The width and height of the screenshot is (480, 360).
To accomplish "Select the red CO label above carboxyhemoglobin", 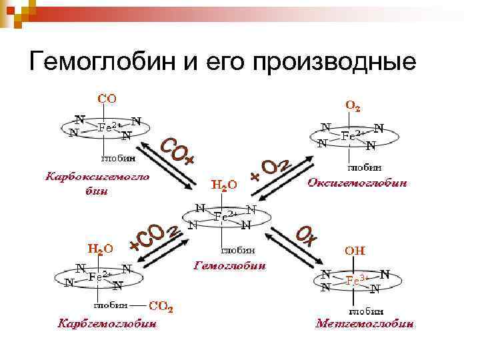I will (x=108, y=99).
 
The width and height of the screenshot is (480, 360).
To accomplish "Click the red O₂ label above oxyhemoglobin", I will (x=353, y=105).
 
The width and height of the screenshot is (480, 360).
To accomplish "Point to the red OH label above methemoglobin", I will (x=354, y=251).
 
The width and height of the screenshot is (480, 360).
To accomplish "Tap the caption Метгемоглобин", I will (x=364, y=325).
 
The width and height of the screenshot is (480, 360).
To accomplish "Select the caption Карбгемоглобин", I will (x=107, y=325).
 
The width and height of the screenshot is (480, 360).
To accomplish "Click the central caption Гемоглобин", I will (x=229, y=265).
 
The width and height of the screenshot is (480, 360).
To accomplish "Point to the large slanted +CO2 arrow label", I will (x=155, y=237).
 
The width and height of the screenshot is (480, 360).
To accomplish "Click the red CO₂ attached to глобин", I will (x=161, y=307).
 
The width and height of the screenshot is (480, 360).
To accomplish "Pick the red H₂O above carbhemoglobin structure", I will (x=101, y=248).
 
